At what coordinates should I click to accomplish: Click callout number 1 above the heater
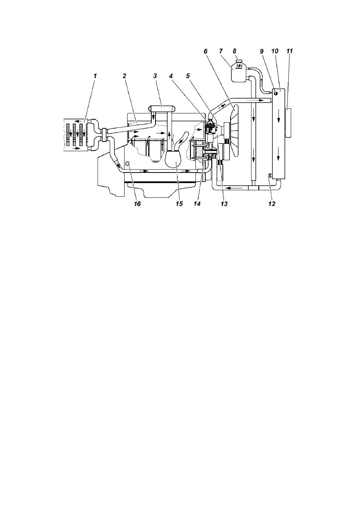pos(95,76)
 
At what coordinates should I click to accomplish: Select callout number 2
pos(124,76)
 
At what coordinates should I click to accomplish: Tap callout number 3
pos(155,76)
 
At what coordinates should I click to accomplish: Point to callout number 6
pos(206,51)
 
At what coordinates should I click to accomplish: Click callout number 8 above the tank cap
pos(235,51)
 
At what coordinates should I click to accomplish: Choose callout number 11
pos(289,51)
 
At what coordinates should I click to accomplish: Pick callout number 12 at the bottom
pos(272,204)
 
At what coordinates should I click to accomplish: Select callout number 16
pos(137,204)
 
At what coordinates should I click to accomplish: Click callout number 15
pos(179,204)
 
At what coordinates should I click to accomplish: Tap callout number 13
pos(224,204)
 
